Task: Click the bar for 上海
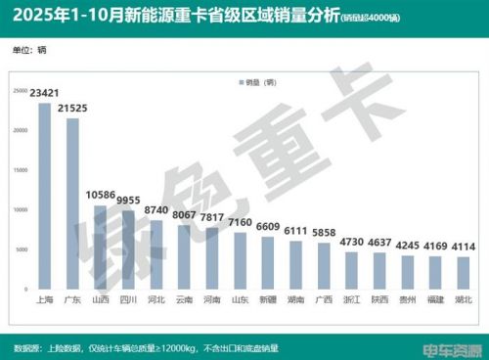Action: pyautogui.click(x=44, y=196)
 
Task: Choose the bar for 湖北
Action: pyautogui.click(x=464, y=273)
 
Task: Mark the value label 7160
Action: pyautogui.click(x=241, y=222)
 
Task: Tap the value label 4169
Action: pyautogui.click(x=437, y=247)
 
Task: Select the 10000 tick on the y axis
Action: pyautogui.click(x=20, y=209)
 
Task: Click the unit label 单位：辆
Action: pyautogui.click(x=29, y=48)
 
